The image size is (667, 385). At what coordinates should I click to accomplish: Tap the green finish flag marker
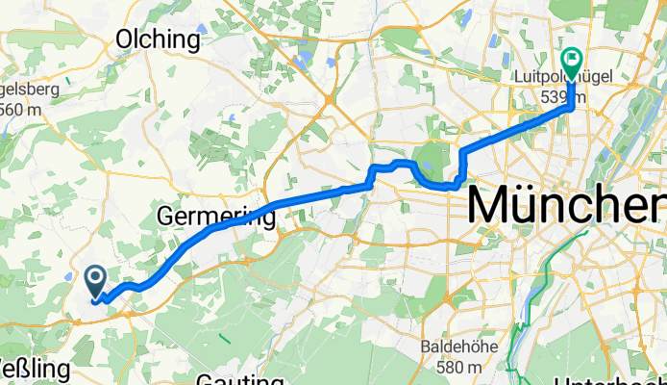[571, 62]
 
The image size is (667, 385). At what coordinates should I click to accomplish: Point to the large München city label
[567, 206]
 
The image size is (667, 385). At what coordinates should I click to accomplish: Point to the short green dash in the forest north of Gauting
[224, 337]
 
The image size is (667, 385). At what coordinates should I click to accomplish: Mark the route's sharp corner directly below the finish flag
[573, 107]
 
